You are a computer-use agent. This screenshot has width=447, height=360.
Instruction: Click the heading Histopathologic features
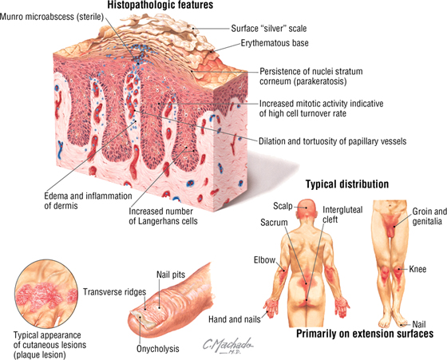click(x=160, y=5)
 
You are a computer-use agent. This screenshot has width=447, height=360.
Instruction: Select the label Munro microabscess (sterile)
click(x=52, y=17)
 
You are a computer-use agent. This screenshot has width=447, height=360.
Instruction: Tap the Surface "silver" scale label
click(x=269, y=29)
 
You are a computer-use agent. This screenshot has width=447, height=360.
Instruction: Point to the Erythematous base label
click(x=275, y=43)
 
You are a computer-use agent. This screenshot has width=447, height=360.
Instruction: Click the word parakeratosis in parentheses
click(x=321, y=81)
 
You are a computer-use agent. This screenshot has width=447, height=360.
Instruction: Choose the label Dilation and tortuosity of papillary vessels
click(x=332, y=141)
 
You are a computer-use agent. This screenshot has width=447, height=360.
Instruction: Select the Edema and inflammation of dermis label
click(x=88, y=200)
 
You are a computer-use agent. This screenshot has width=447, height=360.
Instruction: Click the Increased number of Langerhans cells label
click(x=163, y=216)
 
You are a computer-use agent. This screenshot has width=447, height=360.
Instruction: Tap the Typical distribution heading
click(x=347, y=184)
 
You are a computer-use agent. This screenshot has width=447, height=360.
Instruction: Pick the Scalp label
click(x=283, y=206)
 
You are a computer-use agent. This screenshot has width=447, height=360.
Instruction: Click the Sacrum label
click(x=274, y=223)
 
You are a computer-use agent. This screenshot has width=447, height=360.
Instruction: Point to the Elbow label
click(x=264, y=260)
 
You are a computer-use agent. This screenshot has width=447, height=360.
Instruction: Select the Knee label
click(x=417, y=269)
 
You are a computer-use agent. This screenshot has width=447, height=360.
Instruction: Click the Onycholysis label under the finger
click(x=158, y=349)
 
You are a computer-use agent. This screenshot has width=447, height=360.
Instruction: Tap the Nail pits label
click(x=171, y=275)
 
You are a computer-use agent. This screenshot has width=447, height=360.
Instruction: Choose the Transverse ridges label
click(x=115, y=292)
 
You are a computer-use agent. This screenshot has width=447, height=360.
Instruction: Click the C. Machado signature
click(x=227, y=346)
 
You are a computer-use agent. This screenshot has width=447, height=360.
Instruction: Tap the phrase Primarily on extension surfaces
click(x=365, y=334)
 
